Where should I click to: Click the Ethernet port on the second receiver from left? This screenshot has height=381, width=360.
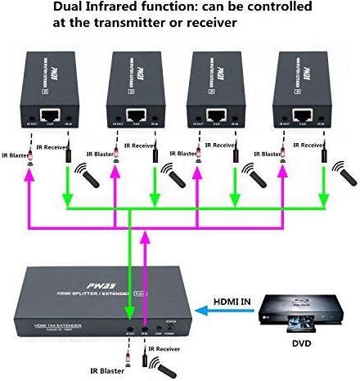click(x=134, y=115)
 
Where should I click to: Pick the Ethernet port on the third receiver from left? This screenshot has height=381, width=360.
click(x=218, y=115)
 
